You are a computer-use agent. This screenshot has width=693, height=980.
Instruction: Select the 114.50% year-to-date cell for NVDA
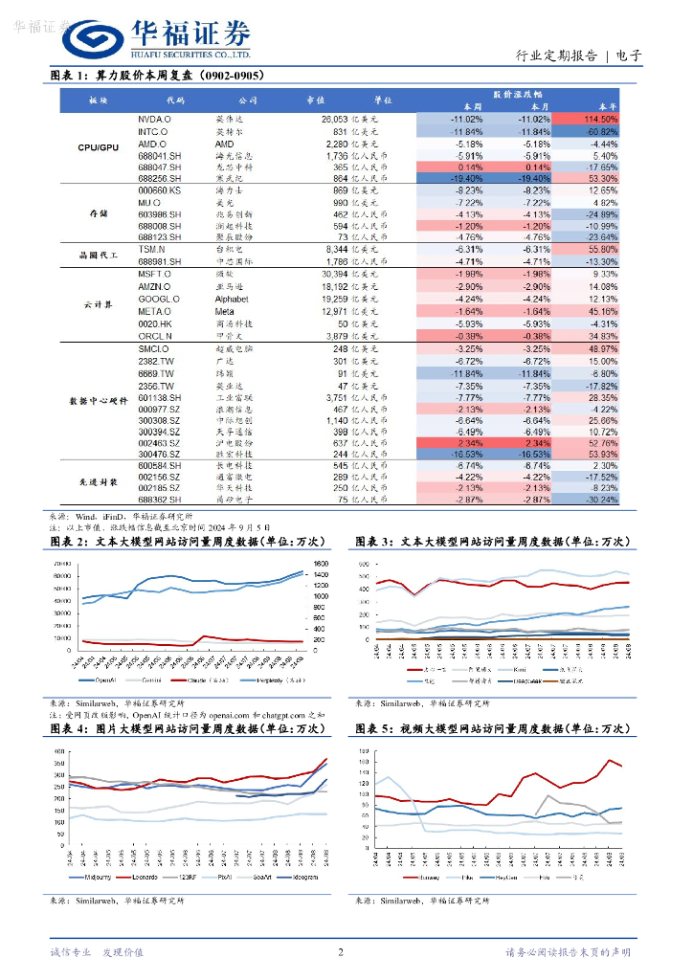tap(595, 119)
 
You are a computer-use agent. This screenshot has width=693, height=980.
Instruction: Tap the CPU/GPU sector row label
tap(98, 147)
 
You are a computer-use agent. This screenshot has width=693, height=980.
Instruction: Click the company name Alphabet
tap(233, 299)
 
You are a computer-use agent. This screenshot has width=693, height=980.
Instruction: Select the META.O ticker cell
tap(154, 311)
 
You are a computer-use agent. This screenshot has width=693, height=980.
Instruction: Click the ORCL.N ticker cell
tap(154, 336)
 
